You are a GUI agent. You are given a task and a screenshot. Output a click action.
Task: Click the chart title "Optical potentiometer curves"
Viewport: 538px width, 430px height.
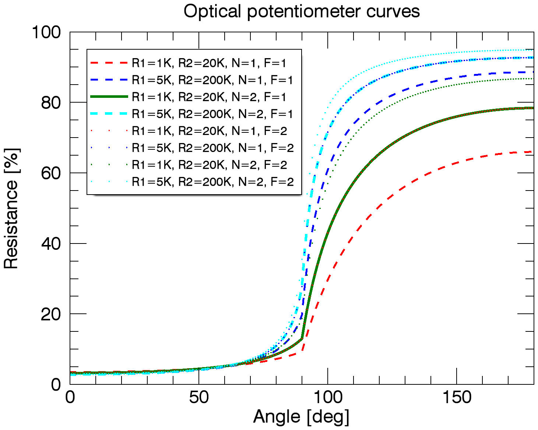click(301, 11)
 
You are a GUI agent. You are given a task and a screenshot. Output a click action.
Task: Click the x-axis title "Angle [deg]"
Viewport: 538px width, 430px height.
click(301, 417)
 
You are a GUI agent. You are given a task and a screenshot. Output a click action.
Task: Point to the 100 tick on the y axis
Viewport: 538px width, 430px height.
click(46, 32)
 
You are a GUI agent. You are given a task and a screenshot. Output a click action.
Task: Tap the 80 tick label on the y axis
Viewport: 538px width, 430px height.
click(51, 103)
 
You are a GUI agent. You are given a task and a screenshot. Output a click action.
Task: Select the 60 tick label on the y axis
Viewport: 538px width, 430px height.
click(51, 173)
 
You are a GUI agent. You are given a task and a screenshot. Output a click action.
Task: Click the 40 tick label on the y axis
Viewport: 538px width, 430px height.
click(51, 244)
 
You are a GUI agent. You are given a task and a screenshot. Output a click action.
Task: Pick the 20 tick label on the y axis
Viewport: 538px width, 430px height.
click(51, 314)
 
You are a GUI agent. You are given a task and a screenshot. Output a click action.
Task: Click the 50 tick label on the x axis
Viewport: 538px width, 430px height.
click(199, 397)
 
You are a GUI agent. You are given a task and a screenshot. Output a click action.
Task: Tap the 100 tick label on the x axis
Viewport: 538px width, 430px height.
click(327, 397)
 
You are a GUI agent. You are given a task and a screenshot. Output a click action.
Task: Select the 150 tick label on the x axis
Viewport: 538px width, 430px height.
click(456, 397)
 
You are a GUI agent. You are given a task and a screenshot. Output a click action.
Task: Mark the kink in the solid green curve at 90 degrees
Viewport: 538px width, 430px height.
click(302, 338)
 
